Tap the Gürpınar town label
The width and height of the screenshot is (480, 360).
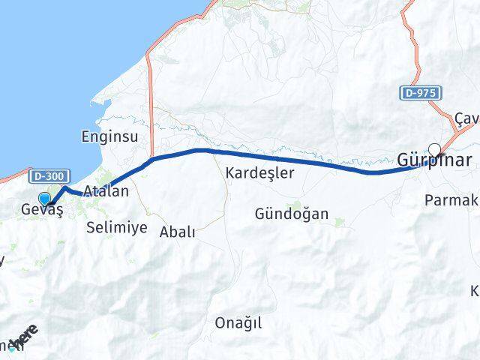pos(434,160)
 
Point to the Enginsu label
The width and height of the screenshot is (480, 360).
pos(109,136)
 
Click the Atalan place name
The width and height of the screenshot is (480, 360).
pos(106,191)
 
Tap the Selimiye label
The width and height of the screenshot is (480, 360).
pos(116,227)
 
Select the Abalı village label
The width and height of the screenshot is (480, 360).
pos(177,232)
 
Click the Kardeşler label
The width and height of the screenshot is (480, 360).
pos(259,172)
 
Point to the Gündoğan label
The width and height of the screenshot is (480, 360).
pos(291,214)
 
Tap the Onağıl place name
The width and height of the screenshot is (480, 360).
pos(238,322)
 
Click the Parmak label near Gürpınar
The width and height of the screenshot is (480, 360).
pos(451,199)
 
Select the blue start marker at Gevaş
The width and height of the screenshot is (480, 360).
pos(44,199)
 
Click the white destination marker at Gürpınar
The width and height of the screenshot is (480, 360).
pos(434,149)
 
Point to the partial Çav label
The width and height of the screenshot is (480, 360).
pos(466,119)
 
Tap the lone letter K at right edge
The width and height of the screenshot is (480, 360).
pos(475,291)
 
